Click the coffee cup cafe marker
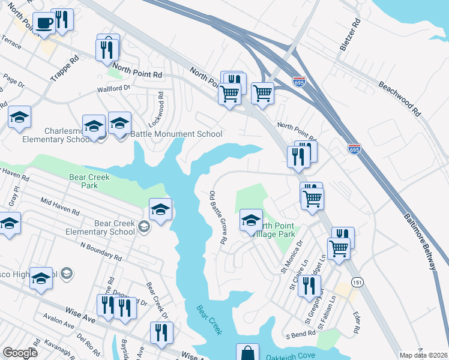[44, 23]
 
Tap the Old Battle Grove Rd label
[217, 217]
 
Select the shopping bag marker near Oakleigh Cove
[247, 354]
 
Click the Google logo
[20, 353]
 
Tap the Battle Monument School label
[181, 134]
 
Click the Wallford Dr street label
[113, 89]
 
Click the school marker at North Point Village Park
[251, 220]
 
